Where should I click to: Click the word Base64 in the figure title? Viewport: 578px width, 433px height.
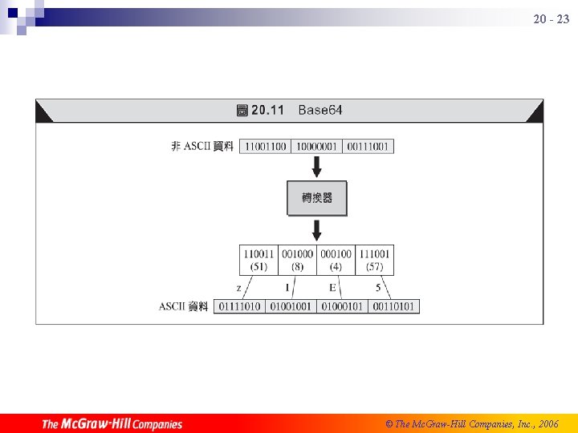[320, 110]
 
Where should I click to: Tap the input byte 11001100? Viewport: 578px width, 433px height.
[266, 146]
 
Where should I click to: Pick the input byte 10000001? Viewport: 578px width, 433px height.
[317, 146]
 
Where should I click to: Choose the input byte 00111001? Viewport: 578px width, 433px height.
[368, 146]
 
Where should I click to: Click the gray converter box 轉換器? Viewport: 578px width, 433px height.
[317, 198]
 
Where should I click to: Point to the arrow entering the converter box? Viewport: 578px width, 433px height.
[317, 167]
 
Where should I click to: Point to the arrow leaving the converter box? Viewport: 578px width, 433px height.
[317, 229]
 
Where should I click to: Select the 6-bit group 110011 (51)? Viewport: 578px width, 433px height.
[258, 260]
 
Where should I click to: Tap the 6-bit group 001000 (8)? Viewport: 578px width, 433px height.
[297, 260]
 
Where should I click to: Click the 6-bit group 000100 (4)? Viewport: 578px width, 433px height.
[336, 260]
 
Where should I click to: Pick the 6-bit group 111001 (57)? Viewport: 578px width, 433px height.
[374, 260]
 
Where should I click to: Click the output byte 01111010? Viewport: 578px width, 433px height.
[239, 306]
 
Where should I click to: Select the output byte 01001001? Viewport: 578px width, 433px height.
[291, 306]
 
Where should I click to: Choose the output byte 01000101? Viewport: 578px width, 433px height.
[342, 306]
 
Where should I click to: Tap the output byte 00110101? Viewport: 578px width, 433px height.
[393, 306]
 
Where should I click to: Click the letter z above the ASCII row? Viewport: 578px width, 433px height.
[239, 287]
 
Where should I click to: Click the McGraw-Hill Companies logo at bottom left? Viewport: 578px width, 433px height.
[112, 423]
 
